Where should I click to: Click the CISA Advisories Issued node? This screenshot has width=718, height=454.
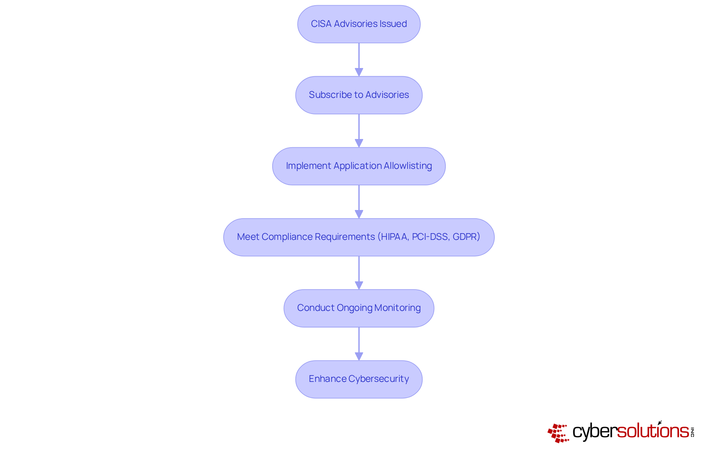[359, 24]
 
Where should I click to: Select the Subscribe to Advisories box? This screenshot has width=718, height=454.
[359, 95]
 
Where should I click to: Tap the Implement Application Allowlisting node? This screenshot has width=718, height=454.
[359, 166]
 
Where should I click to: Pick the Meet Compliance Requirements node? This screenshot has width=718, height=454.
[359, 237]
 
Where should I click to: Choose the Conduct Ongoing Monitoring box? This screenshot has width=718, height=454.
[359, 308]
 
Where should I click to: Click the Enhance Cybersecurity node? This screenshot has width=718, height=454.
[359, 379]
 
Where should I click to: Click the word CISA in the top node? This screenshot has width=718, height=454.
[321, 24]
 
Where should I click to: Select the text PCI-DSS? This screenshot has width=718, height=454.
[430, 237]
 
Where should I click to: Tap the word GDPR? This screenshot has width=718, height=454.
[464, 237]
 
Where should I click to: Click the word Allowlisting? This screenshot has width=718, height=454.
[408, 166]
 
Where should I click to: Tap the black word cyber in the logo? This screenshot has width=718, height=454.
[594, 432]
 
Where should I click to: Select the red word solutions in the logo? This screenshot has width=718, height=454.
[653, 431]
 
